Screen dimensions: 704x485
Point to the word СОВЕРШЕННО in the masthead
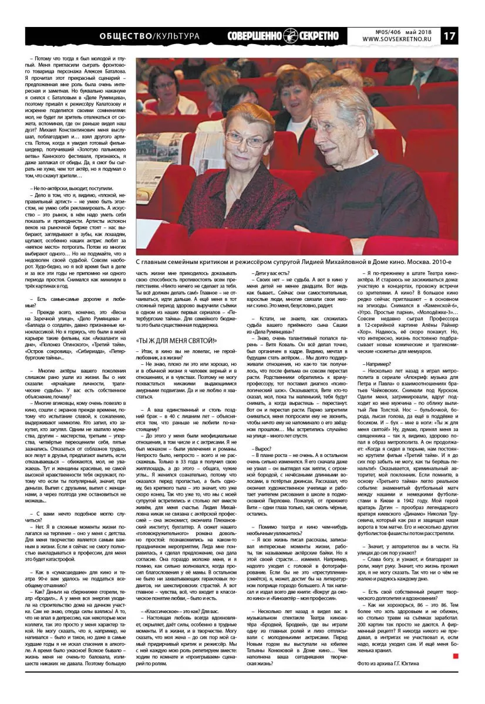255,36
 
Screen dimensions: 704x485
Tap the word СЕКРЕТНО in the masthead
319,36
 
